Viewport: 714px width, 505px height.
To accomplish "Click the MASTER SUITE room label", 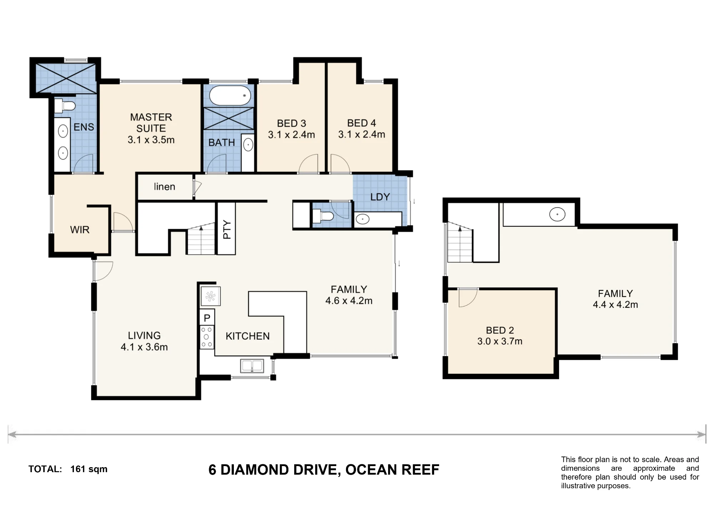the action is [x=151, y=122].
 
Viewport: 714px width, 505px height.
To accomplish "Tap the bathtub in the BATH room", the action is [x=230, y=96].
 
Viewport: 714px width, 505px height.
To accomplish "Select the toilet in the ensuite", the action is [x=65, y=106].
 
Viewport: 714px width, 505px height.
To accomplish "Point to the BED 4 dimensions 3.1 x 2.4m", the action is [x=362, y=135].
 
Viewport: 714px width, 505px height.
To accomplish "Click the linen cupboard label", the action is [x=165, y=187].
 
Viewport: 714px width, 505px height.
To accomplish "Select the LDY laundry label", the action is [x=380, y=197].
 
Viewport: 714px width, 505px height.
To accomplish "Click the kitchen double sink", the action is [x=252, y=366].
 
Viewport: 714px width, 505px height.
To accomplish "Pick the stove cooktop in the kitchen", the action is [x=207, y=337].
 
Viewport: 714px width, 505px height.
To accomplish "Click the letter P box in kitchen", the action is [x=207, y=317].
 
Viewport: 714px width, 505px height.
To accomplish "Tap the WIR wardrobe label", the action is [x=80, y=230].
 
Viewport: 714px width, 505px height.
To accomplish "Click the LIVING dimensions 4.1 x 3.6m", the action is [x=144, y=347].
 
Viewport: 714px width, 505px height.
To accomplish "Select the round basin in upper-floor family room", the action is [x=557, y=215].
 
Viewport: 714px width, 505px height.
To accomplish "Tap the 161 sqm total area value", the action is [x=89, y=469].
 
